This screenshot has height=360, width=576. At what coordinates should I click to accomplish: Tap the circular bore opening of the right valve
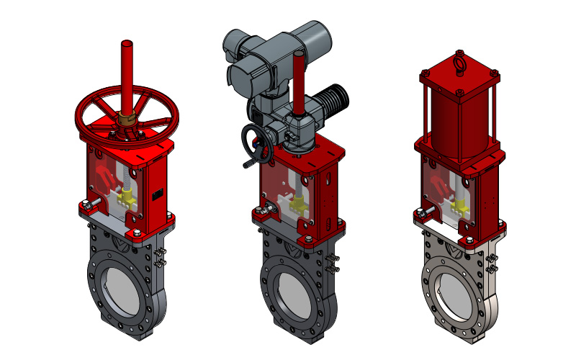pyautogui.click(x=454, y=287)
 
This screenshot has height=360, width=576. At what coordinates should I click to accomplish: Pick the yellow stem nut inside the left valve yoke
pyautogui.click(x=130, y=196)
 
